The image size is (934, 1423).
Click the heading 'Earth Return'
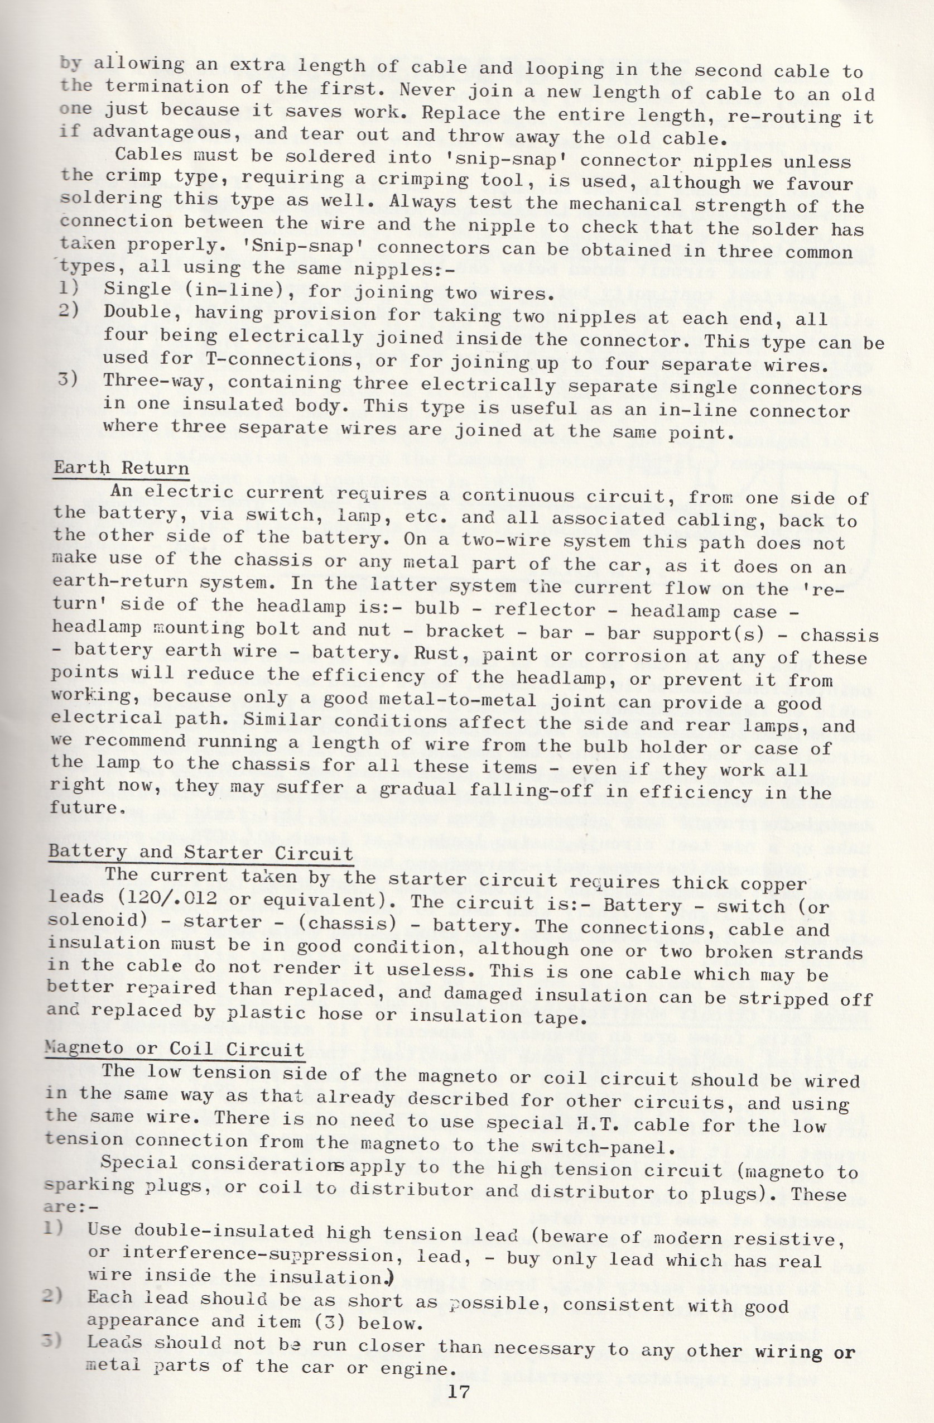tap(122, 467)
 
